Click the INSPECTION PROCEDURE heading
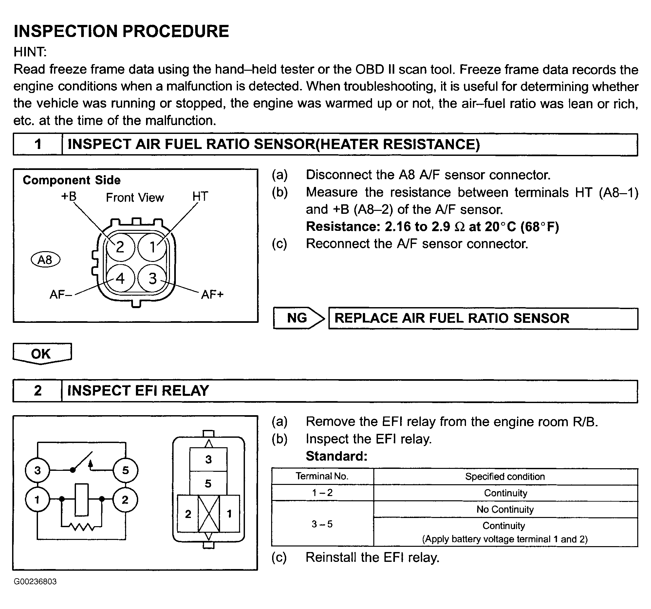(121, 31)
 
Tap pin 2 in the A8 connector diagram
(120, 247)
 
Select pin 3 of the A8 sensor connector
(152, 278)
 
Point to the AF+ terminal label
(212, 294)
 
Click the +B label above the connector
(69, 196)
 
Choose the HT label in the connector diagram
(200, 196)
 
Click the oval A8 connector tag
(45, 260)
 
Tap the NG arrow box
(299, 318)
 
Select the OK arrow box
(42, 354)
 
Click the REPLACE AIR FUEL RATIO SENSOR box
(483, 318)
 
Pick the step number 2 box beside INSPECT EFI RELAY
(38, 391)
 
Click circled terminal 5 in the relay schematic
(125, 471)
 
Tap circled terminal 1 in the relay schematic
(37, 500)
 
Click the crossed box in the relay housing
(209, 513)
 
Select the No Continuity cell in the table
(505, 509)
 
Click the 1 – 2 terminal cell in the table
(323, 493)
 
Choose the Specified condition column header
(505, 476)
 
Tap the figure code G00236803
(35, 581)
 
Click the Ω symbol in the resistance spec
(460, 227)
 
